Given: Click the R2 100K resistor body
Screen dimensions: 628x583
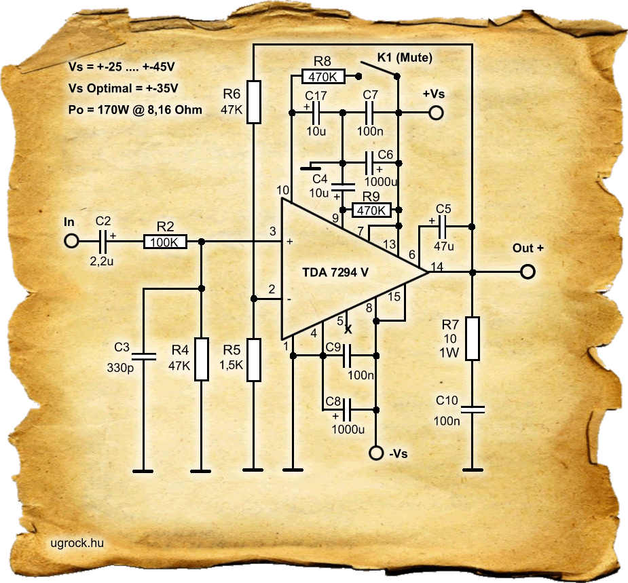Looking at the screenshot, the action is click(166, 241).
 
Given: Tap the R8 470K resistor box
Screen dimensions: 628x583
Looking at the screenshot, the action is click(323, 77).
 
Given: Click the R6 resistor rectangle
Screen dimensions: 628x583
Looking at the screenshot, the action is click(253, 101).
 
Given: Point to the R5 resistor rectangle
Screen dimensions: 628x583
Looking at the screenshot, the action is click(253, 360).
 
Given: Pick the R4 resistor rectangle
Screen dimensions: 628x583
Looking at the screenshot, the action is click(201, 360).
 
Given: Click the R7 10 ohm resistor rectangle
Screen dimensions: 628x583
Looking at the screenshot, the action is click(472, 338).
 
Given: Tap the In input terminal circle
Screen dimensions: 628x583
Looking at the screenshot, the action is click(70, 241).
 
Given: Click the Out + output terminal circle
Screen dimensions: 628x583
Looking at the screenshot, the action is click(528, 271).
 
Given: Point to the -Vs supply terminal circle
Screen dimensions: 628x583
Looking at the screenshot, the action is click(375, 453).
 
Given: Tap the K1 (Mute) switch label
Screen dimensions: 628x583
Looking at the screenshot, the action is click(405, 57).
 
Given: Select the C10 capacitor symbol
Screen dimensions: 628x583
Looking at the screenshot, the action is click(472, 409).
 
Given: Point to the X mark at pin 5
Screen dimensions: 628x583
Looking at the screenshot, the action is click(348, 330).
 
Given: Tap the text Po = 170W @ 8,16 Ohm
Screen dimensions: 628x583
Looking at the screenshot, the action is click(135, 109).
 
